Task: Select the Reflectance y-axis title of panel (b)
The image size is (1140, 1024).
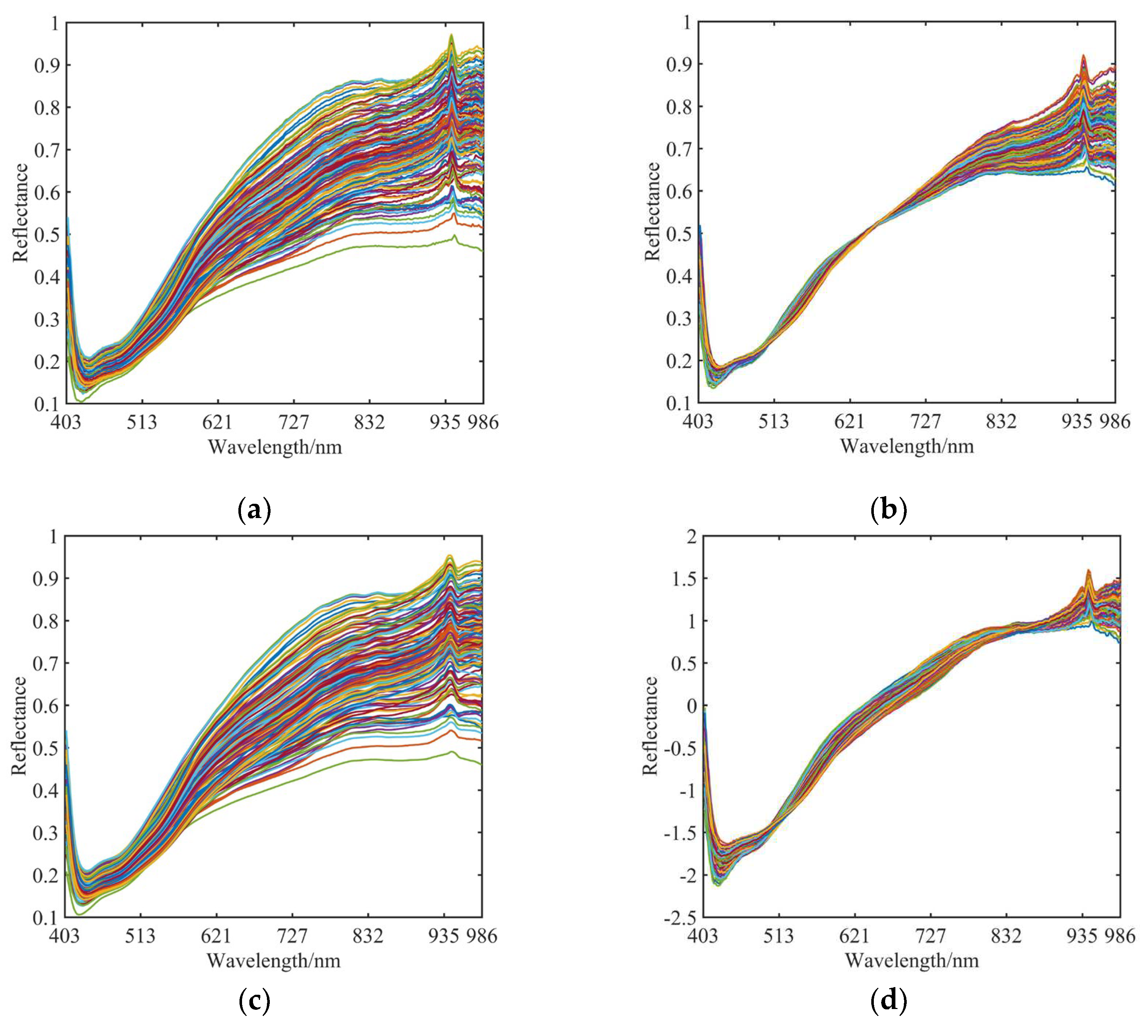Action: (652, 212)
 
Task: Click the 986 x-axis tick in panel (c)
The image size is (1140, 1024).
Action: (482, 936)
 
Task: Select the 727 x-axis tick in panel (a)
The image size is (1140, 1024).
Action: (294, 422)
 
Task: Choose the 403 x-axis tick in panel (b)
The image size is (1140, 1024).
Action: (698, 422)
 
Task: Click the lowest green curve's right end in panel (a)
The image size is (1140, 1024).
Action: (482, 250)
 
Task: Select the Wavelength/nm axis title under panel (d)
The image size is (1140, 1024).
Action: (911, 960)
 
